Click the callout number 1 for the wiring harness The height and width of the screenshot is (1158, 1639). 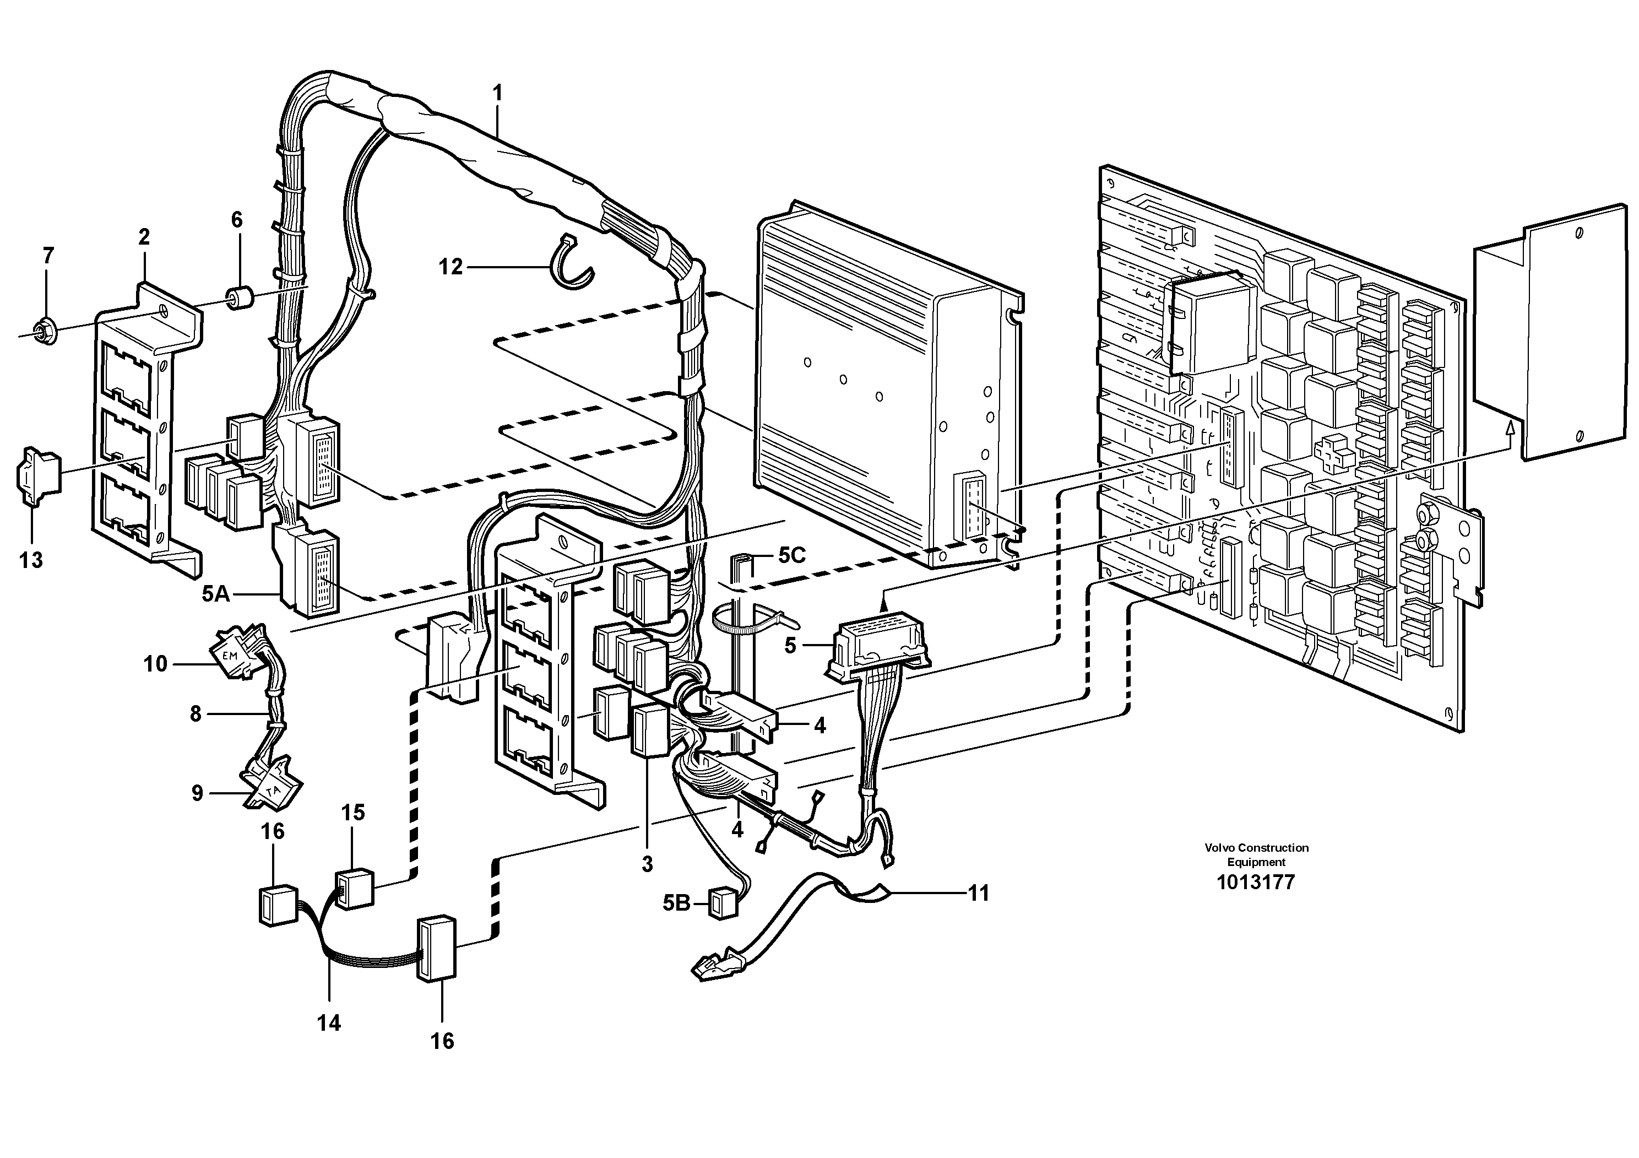click(x=497, y=94)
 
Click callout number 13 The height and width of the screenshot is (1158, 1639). click(x=31, y=560)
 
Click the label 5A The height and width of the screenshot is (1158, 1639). click(x=215, y=593)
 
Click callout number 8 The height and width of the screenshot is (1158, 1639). click(x=196, y=713)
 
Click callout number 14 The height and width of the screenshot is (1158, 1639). click(x=329, y=1023)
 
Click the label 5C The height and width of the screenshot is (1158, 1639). click(x=791, y=555)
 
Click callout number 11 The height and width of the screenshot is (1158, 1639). click(x=978, y=893)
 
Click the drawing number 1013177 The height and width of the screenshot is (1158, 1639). click(x=1255, y=883)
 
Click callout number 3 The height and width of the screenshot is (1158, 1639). click(x=647, y=864)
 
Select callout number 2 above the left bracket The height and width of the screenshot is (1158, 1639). click(x=144, y=237)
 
